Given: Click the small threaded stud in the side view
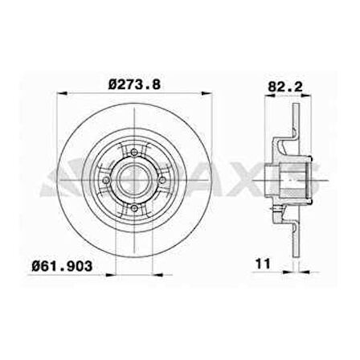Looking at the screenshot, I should point(278,211).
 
